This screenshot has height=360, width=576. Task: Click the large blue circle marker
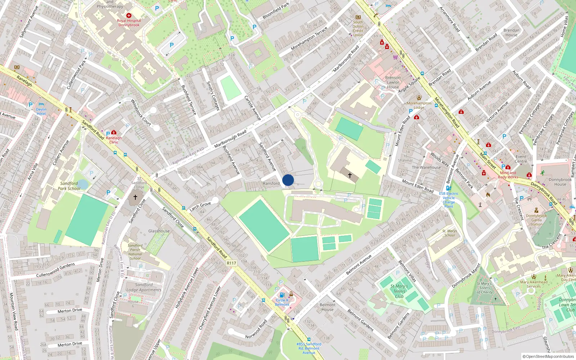tap(288, 180)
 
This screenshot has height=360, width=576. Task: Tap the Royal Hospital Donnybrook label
tap(129, 23)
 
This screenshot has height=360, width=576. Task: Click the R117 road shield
tap(231, 263)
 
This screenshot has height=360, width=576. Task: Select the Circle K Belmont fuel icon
tap(282, 295)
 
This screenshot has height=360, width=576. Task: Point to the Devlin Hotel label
tap(41, 111)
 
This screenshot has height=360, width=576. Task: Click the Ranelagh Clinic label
tap(114, 140)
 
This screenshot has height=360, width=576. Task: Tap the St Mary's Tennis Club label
tap(399, 291)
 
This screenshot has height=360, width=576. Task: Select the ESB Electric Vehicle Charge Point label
tap(449, 200)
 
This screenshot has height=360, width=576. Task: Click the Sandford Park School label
tap(69, 186)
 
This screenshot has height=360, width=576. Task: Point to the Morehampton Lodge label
tap(419, 105)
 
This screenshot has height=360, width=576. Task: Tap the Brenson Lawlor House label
tap(393, 82)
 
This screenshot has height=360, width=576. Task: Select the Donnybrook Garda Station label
tap(536, 220)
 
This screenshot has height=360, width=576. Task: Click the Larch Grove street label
tap(200, 207)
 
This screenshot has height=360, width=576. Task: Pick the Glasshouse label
tap(159, 231)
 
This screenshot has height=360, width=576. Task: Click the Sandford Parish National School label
tap(135, 252)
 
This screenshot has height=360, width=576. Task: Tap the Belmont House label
tap(327, 307)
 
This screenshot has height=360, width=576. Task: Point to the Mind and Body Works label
tap(508, 175)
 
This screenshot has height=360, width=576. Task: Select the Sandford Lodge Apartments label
tap(144, 287)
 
